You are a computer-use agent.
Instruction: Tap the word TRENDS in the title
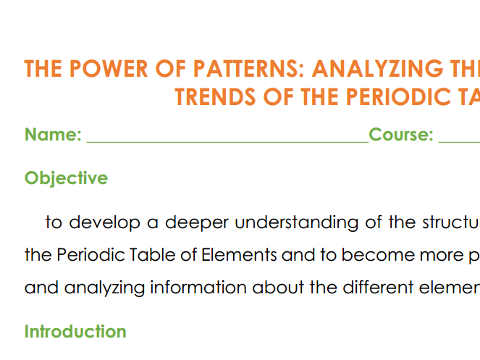215,96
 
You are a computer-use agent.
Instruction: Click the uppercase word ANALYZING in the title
377,68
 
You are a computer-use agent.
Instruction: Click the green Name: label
53,134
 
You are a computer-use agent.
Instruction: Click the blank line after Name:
228,141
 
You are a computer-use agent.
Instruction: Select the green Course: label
401,134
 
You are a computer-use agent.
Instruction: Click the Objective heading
66,178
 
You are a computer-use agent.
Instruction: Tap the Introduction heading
75,331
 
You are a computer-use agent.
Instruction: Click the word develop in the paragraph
104,222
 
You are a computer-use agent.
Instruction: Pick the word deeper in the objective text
197,223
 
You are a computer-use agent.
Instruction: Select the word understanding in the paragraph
296,222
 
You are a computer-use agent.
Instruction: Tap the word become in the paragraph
378,254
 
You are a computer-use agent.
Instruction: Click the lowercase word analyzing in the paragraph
104,288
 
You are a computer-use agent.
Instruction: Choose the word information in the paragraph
198,288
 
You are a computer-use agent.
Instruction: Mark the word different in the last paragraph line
378,288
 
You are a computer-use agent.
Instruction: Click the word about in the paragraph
278,288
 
